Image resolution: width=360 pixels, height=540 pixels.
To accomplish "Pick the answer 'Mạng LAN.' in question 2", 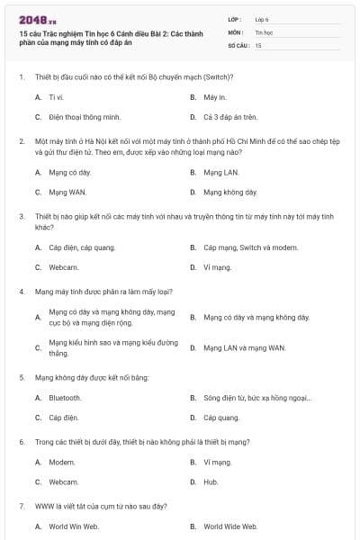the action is [220, 172].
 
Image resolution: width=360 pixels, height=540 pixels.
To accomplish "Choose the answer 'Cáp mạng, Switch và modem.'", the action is [245, 247].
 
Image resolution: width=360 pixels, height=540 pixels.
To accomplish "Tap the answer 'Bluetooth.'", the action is [65, 398].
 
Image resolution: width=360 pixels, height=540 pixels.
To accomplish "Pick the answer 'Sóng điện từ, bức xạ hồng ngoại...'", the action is [257, 398].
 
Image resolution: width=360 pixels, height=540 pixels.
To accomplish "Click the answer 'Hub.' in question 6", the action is [211, 482].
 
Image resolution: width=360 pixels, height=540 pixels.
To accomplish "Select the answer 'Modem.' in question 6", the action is [62, 462].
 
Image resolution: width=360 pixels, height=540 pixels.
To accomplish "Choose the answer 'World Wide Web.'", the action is [230, 526].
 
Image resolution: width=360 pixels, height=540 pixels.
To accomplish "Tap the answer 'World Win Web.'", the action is [74, 526].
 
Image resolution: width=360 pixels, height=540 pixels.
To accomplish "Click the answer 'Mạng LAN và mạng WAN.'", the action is [244, 347].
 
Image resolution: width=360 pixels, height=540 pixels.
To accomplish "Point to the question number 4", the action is [21, 292].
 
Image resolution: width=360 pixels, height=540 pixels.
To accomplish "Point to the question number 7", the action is [21, 507].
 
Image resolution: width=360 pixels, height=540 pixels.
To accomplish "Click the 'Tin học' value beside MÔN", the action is [264, 31].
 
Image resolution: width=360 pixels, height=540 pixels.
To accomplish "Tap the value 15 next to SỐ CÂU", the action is [258, 44].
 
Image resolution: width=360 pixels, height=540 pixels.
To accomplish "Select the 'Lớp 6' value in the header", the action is [262, 18].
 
